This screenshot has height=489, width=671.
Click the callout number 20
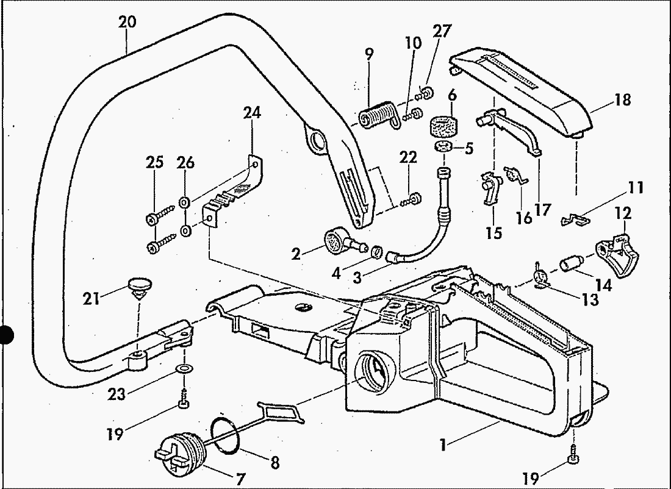(127, 23)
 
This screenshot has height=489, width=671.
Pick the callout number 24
(251, 113)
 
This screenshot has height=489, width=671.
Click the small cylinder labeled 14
(570, 265)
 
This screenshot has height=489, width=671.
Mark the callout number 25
(154, 163)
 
